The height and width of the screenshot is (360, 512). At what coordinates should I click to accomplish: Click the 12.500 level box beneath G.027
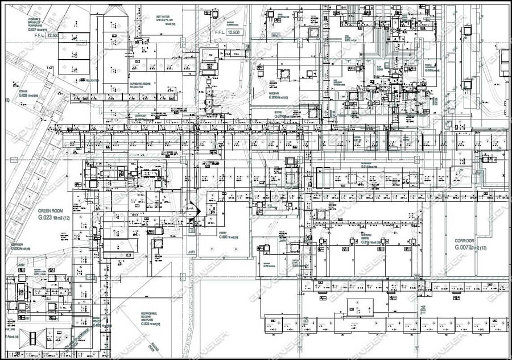point(53,35)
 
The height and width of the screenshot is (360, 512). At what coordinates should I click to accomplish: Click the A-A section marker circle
point(192,209)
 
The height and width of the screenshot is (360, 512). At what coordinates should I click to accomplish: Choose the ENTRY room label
point(226,233)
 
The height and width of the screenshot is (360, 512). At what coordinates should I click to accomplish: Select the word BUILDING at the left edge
point(10,329)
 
